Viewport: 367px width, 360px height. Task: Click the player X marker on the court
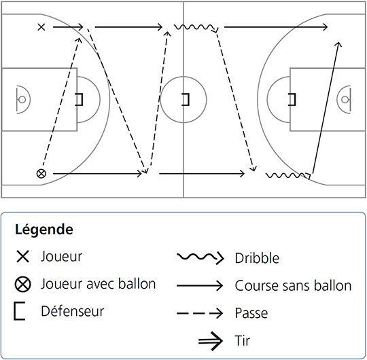click(41, 27)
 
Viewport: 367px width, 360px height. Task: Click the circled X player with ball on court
click(41, 174)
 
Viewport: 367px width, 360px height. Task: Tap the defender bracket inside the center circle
click(186, 99)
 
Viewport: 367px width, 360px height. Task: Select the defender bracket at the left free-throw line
click(79, 99)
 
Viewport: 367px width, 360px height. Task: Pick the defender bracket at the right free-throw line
click(292, 99)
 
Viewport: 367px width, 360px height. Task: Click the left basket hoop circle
click(22, 100)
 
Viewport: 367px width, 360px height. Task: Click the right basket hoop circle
click(345, 100)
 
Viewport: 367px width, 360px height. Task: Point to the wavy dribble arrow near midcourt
click(196, 27)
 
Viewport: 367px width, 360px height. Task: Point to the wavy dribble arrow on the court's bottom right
click(288, 175)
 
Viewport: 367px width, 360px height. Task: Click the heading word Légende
click(44, 230)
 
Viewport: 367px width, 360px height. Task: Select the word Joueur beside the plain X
click(62, 256)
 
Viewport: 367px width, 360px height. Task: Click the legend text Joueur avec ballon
click(99, 284)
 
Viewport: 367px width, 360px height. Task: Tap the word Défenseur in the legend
click(73, 311)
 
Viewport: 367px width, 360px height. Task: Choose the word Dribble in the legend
click(257, 258)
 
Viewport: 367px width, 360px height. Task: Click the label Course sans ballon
click(293, 285)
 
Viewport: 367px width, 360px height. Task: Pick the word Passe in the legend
click(251, 313)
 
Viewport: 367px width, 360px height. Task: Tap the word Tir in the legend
click(243, 340)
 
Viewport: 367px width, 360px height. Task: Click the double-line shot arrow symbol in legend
click(211, 341)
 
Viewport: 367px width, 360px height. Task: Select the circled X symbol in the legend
click(23, 284)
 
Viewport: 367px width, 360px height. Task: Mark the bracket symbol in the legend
click(20, 311)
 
